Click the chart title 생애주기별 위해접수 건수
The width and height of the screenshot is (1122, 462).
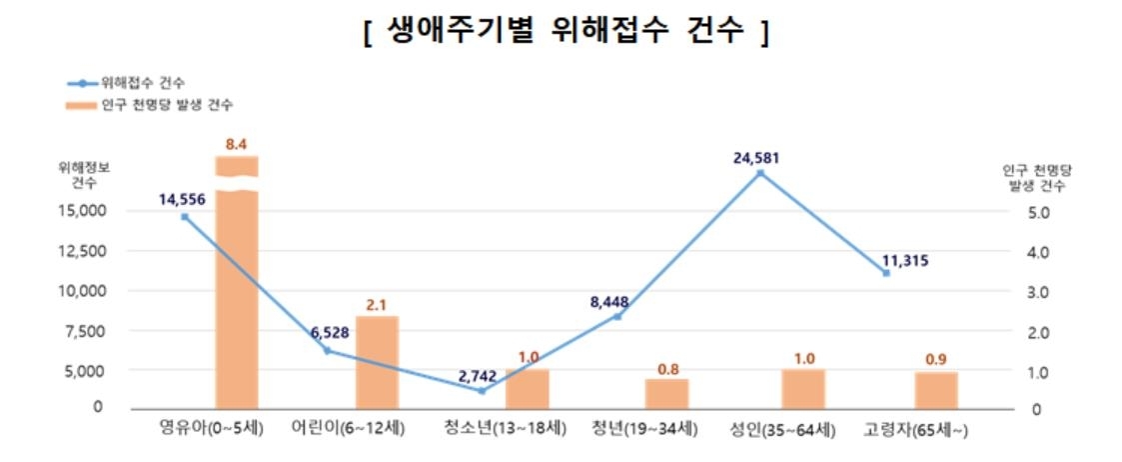click(x=565, y=31)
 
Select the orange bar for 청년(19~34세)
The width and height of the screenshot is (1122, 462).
click(x=666, y=394)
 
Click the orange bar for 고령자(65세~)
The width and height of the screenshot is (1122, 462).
click(x=936, y=390)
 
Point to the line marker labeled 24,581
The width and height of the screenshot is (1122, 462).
click(x=760, y=173)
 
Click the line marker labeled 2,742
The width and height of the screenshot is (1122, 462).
click(x=482, y=391)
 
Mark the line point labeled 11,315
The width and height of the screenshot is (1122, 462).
click(x=886, y=273)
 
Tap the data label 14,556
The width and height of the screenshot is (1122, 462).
click(x=182, y=199)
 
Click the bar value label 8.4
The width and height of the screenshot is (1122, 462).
click(x=237, y=145)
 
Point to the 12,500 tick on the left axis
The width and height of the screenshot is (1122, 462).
click(x=84, y=251)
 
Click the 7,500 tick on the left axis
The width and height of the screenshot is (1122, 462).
click(x=88, y=331)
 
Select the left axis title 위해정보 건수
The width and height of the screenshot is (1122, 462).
click(x=84, y=175)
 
